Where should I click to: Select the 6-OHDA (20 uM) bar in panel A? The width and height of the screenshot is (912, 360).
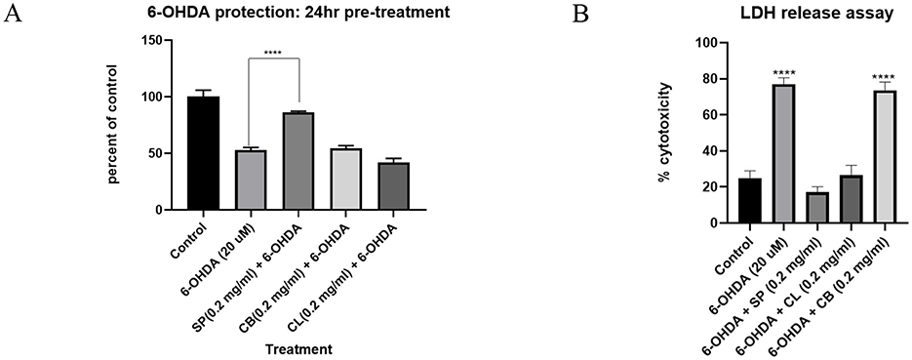click(251, 180)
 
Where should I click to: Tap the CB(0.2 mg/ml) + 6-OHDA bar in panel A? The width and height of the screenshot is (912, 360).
click(346, 180)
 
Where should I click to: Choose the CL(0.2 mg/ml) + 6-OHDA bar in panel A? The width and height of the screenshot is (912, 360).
click(394, 186)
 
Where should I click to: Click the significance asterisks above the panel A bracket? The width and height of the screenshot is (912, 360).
click(274, 53)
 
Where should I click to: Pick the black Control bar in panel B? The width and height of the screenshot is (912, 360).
click(750, 201)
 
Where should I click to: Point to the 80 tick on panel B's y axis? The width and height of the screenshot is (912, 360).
click(724, 79)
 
